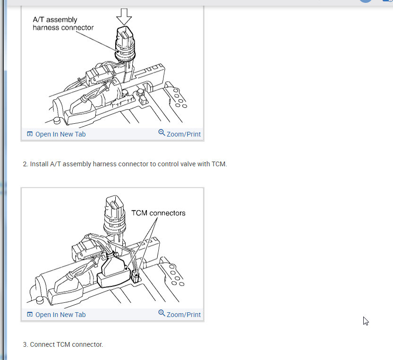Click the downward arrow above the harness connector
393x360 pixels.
124,17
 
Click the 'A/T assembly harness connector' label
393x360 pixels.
63,24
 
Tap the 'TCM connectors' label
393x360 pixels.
158,213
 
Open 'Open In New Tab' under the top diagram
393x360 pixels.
60,134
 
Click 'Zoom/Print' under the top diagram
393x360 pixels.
184,134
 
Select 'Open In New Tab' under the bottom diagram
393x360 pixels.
60,315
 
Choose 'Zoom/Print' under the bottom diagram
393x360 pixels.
184,315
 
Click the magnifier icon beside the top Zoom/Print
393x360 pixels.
162,133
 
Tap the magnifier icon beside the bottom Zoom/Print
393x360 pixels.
162,313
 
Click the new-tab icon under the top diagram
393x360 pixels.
30,134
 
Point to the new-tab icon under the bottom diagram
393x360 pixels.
30,314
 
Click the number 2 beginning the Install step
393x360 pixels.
26,164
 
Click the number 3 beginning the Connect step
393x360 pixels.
26,345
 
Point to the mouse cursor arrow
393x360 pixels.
366,321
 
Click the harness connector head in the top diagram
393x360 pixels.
125,44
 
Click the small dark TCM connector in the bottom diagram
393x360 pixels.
136,277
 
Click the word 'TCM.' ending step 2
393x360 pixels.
219,164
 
